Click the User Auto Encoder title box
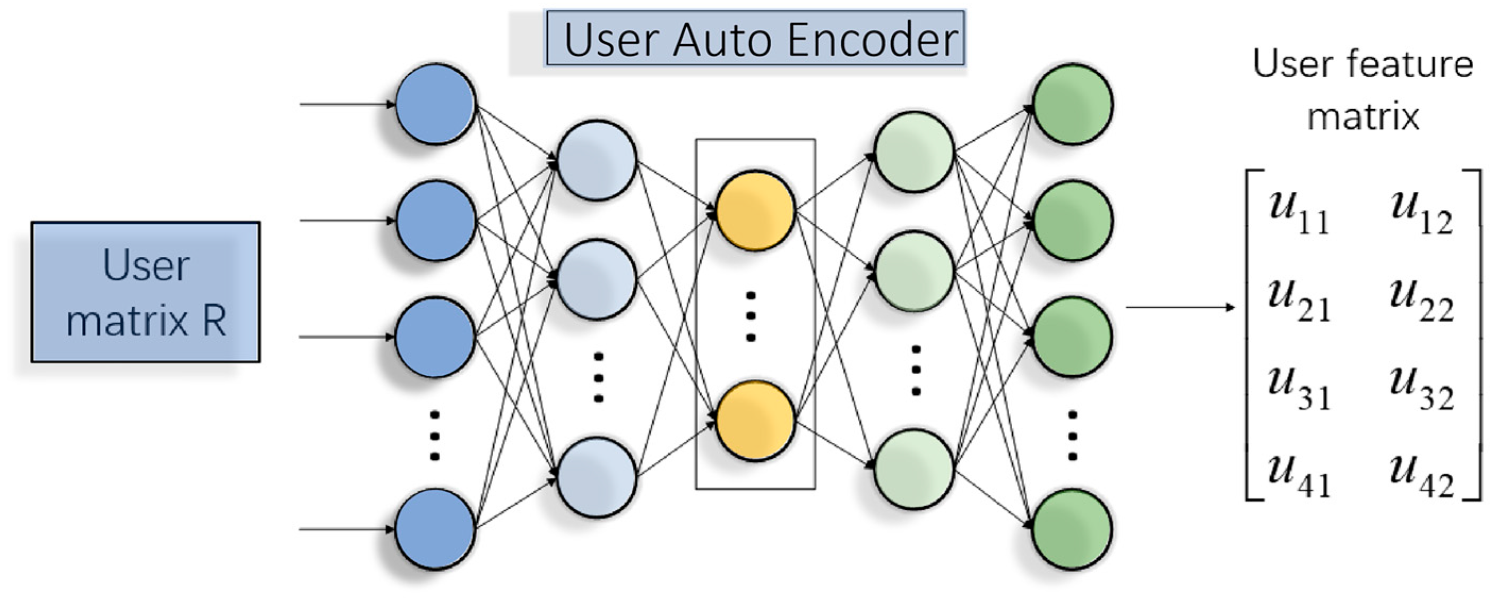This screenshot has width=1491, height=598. [755, 38]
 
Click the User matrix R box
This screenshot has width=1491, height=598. [145, 292]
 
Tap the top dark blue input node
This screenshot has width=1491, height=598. [436, 104]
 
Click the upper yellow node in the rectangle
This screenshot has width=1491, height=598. [755, 210]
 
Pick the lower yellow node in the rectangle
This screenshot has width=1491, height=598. [755, 420]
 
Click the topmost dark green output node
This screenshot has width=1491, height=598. [1073, 104]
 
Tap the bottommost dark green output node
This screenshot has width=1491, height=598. [1072, 528]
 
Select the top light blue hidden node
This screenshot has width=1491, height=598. [596, 161]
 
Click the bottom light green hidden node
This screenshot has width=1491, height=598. [914, 469]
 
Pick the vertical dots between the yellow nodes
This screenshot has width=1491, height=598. [751, 316]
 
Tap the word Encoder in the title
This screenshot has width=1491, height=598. [872, 39]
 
